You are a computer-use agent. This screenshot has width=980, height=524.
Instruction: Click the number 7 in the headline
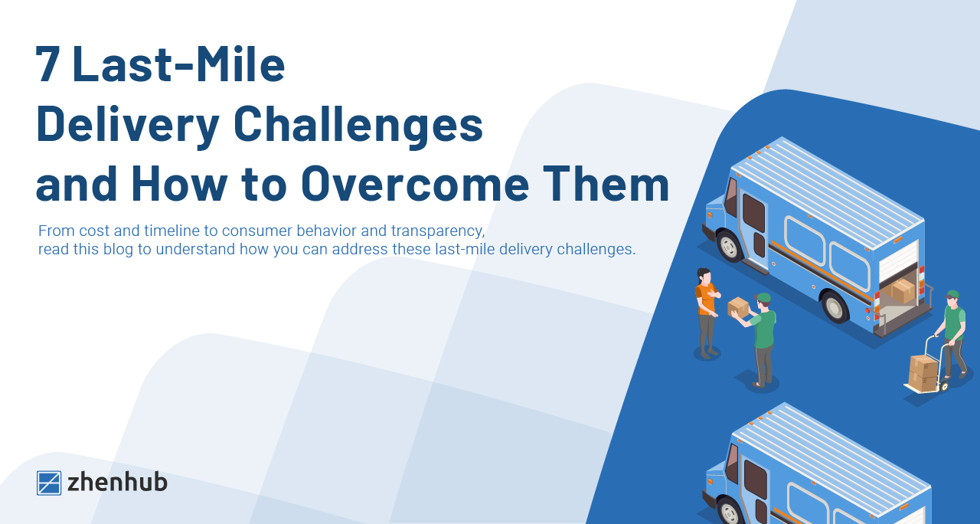[x=48, y=64]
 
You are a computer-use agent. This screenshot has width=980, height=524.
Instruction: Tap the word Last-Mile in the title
[x=178, y=64]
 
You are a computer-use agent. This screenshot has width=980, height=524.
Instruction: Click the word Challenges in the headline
[x=358, y=124]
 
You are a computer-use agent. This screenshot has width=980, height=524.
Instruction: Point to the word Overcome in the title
[x=415, y=184]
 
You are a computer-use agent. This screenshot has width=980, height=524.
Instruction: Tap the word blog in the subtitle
[x=118, y=249]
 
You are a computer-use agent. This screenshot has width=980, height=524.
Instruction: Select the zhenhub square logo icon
[x=49, y=483]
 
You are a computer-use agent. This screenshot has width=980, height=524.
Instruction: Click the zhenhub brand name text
[x=117, y=483]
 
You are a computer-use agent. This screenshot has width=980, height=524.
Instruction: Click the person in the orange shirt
[x=707, y=313]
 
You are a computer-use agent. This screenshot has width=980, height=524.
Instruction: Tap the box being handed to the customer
[x=738, y=307]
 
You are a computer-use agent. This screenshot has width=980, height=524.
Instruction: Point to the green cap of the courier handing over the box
[x=763, y=298]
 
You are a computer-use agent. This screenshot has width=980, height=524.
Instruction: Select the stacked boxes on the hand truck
[x=923, y=373]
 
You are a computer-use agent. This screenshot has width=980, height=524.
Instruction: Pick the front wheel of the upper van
[x=728, y=246]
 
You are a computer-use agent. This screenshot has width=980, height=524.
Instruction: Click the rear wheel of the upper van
[x=834, y=307]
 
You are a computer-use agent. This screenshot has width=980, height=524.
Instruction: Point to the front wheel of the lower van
[x=729, y=513]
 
